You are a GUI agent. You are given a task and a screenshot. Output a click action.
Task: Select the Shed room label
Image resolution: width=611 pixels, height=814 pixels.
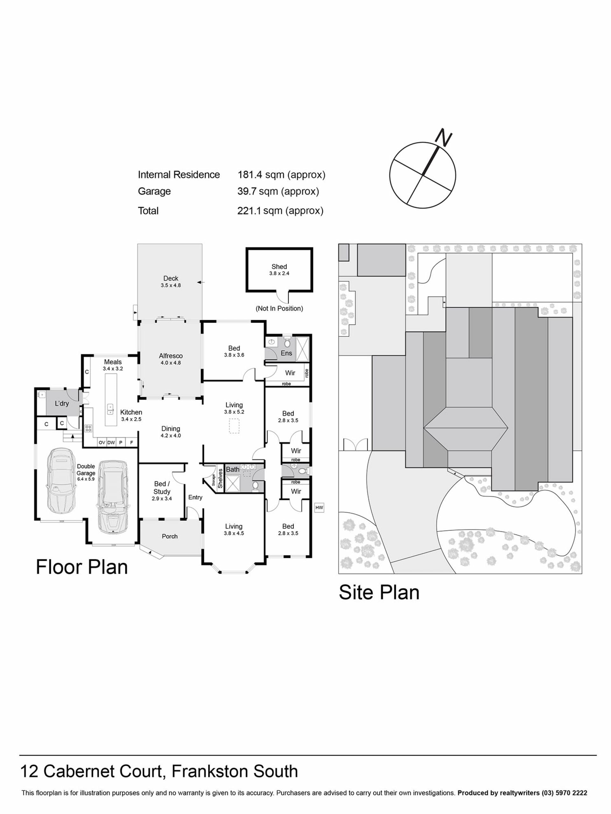point(279,266)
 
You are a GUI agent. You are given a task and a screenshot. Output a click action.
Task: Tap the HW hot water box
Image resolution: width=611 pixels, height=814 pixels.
point(319,507)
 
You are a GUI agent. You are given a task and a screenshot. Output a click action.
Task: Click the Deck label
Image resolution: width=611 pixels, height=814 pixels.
point(171,279)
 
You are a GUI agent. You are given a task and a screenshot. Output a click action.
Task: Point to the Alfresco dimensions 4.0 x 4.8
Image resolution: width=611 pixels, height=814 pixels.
point(171,363)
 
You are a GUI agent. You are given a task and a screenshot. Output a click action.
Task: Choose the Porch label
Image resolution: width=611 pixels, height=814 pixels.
point(169,536)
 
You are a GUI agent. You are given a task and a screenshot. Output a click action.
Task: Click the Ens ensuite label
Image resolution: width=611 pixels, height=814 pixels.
point(286,353)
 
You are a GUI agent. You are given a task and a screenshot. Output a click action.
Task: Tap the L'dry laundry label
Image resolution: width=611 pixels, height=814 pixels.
point(61,403)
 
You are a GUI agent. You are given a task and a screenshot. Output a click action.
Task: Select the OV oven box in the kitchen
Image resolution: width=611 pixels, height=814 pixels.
point(102,443)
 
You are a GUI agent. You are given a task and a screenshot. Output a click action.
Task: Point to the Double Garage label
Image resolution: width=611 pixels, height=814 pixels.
point(86,470)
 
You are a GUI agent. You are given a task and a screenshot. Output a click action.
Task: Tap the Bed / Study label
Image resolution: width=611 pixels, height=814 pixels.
point(162,487)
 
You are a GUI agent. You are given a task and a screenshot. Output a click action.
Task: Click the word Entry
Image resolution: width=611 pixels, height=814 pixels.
point(195,498)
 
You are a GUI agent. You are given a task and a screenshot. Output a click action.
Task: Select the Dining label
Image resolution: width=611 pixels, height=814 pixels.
point(171,429)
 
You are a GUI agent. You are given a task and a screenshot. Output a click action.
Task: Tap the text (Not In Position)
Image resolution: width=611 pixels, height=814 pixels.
point(279,308)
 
